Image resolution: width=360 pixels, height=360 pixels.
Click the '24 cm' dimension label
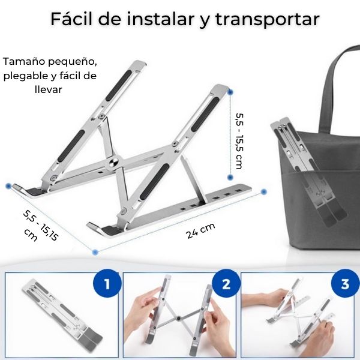pyautogui.click(x=200, y=232)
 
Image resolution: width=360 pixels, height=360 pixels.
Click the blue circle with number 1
pyautogui.click(x=107, y=284)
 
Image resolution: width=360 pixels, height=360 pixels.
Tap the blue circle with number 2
pyautogui.click(x=226, y=284)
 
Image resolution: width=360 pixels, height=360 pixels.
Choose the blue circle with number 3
pyautogui.click(x=344, y=284)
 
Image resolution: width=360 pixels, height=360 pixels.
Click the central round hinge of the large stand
pyautogui.click(x=113, y=164)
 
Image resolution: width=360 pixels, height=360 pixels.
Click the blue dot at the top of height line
pyautogui.click(x=230, y=92)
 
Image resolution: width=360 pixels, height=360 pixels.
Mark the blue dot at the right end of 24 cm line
pyautogui.click(x=264, y=192)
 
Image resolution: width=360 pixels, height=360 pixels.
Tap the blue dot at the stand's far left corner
pyautogui.click(x=8, y=186)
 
